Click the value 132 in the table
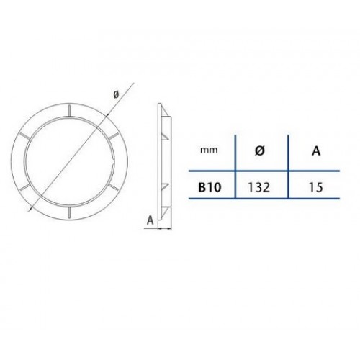(x=259, y=187)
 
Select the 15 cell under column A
(x=316, y=187)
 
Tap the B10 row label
(x=210, y=187)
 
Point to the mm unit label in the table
(x=209, y=150)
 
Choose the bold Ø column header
(x=259, y=151)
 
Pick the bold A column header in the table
(x=316, y=151)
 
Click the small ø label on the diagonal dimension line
(x=116, y=94)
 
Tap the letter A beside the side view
(x=150, y=220)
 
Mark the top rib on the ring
(x=69, y=111)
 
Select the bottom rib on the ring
(x=69, y=213)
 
